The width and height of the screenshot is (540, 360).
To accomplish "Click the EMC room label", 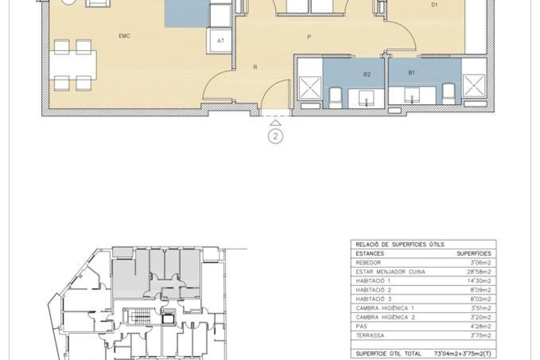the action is [124, 36].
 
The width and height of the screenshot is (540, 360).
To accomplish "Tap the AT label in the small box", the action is [221, 41].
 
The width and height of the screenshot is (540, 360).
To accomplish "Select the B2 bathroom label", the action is [367, 74].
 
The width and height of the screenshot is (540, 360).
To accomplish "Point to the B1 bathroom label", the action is [411, 72].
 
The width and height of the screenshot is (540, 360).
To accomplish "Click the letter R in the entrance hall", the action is [255, 67].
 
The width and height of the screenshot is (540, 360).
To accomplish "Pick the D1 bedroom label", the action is [434, 5].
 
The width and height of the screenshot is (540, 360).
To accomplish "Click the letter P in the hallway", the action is [309, 37].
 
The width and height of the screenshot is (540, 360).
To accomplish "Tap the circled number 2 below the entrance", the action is [275, 136].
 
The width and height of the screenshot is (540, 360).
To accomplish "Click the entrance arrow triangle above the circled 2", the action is [275, 123].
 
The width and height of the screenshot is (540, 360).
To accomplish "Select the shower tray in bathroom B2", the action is [310, 88].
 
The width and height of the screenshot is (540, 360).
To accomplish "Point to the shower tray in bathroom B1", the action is [474, 86].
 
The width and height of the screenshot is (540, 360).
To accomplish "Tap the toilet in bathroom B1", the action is [448, 94].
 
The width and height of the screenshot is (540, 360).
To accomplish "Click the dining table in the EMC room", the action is [73, 65].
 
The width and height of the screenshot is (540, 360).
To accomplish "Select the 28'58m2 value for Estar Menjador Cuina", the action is [478, 272].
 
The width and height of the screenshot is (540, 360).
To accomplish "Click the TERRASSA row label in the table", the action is [370, 336].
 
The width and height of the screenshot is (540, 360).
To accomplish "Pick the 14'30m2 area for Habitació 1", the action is [479, 281].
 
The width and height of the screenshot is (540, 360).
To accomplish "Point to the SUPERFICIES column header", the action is [474, 254].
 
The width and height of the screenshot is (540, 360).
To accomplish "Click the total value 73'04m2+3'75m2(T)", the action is [462, 354].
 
